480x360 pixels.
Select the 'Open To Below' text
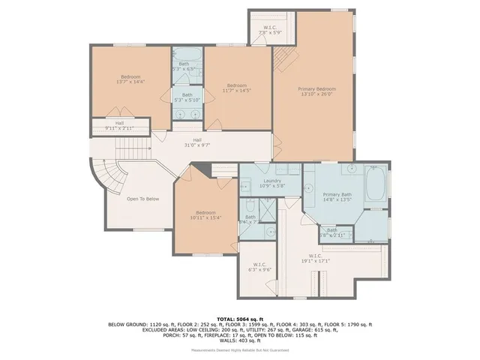point(142,199)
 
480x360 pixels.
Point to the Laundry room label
point(270,183)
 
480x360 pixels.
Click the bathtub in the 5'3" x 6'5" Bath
point(187,56)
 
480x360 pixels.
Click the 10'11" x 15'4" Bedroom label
point(205,216)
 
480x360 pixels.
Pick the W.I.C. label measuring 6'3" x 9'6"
point(260,266)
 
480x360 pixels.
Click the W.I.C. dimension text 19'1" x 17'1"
point(315,260)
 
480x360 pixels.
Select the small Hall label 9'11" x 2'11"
point(119,125)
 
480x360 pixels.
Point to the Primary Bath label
point(337,196)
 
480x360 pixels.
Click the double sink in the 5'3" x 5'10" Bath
point(187,113)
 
